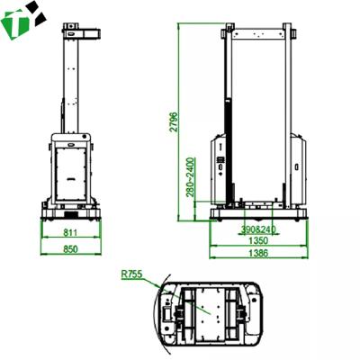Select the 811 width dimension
point(71,234)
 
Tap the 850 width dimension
point(71,249)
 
